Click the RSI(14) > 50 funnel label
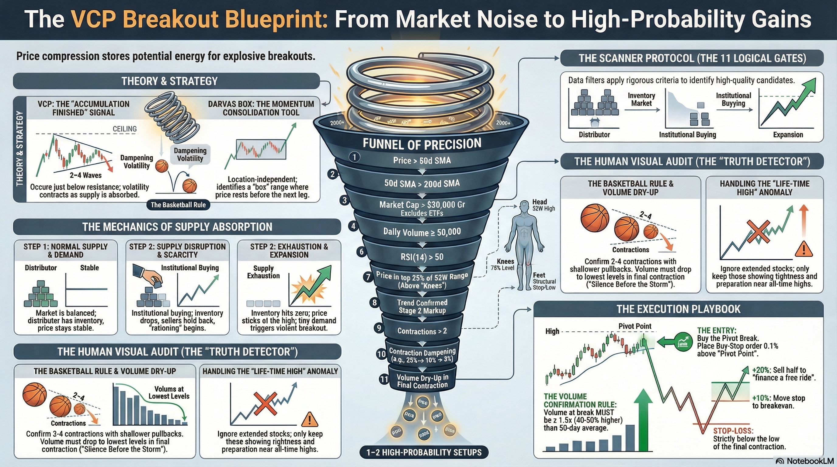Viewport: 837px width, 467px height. (422, 257)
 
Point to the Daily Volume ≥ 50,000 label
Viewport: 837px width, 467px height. (422, 232)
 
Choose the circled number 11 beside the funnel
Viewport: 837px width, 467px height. (384, 379)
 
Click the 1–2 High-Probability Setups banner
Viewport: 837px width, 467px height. (424, 452)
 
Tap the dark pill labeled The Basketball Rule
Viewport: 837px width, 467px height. (178, 205)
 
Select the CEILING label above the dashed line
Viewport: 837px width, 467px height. (124, 129)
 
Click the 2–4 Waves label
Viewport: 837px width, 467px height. (85, 175)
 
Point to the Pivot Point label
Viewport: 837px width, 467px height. (634, 326)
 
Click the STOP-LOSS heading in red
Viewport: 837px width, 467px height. (733, 431)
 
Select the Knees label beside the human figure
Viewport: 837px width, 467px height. (505, 261)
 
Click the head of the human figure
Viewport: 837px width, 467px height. (524, 205)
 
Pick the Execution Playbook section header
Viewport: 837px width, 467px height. (678, 309)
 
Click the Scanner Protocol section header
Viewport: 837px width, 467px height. (692, 58)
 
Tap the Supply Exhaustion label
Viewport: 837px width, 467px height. (263, 272)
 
